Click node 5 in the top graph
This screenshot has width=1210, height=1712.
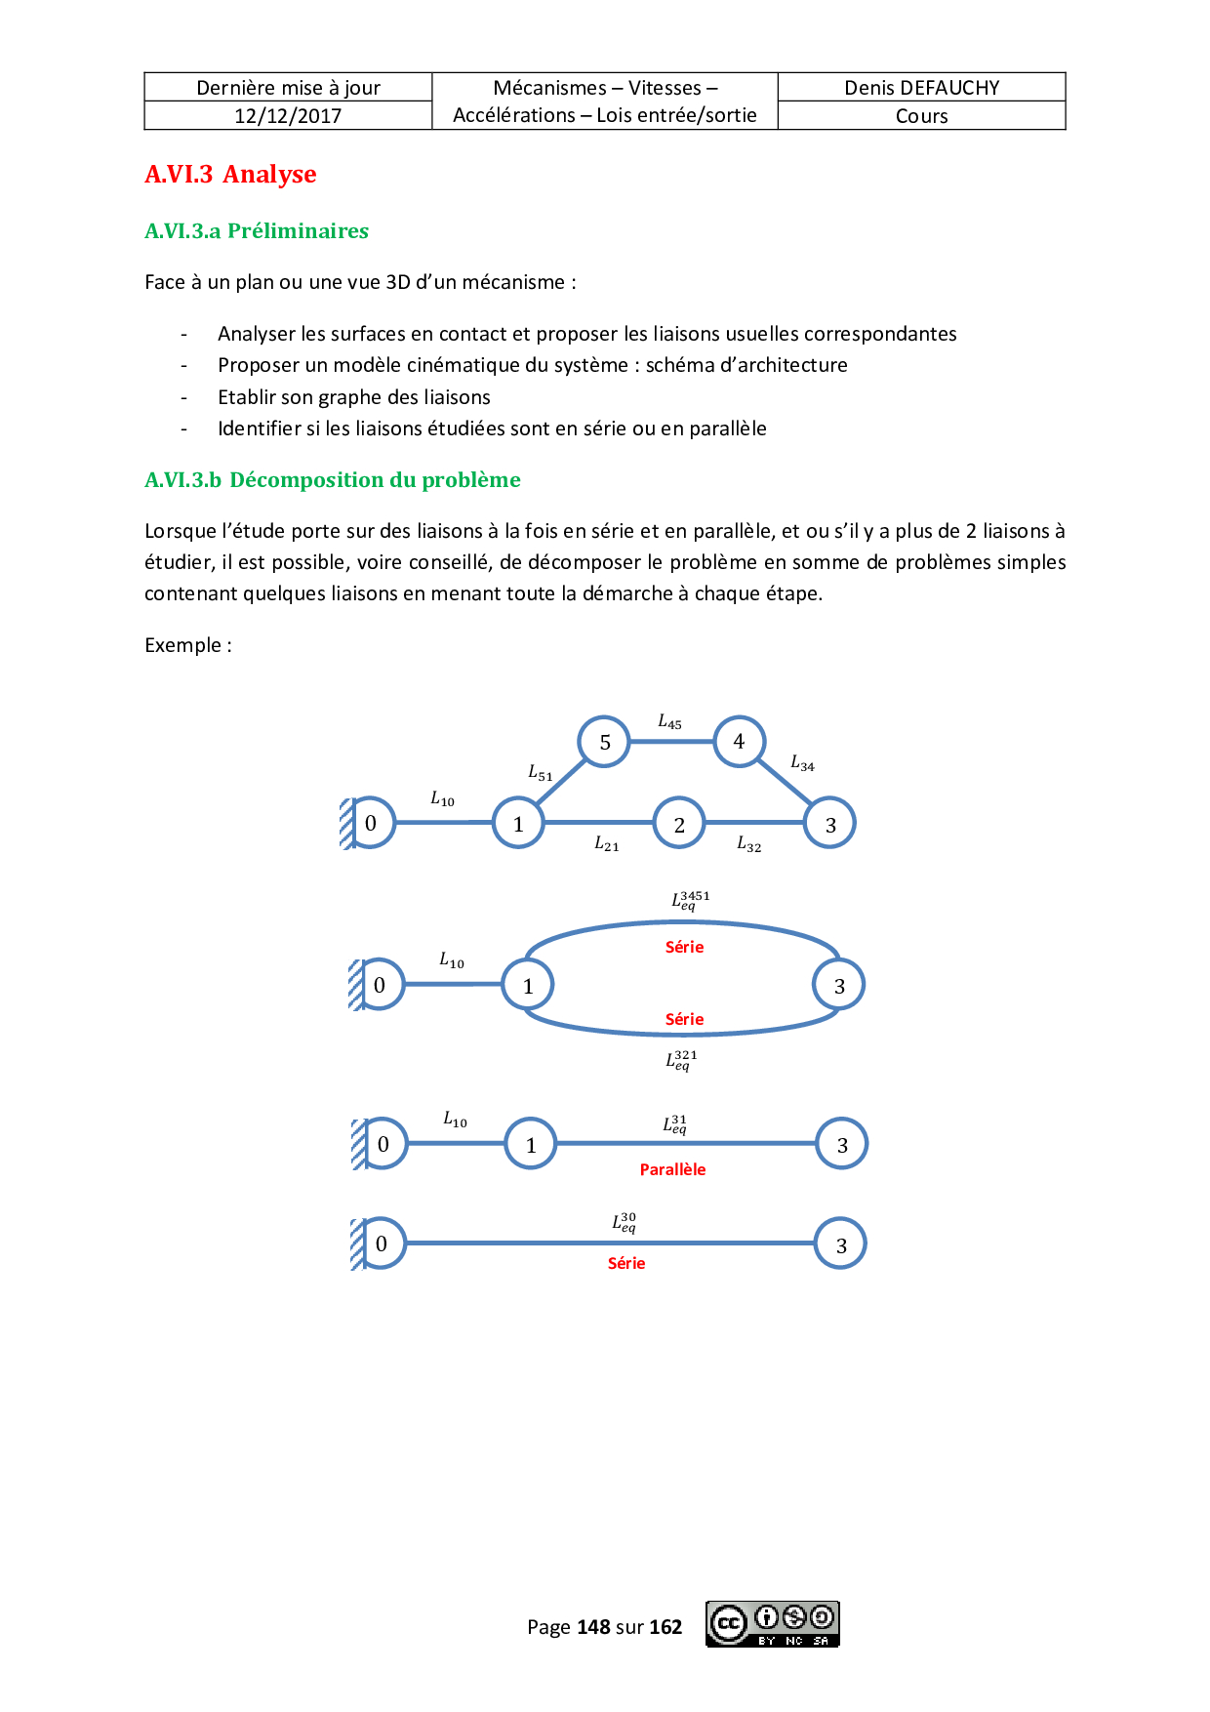605,742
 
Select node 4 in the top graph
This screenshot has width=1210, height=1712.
739,742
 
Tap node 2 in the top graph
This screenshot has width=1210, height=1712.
679,824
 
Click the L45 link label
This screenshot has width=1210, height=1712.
669,722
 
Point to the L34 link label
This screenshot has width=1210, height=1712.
802,763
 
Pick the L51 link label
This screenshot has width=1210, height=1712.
540,773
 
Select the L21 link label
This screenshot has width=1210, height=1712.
606,843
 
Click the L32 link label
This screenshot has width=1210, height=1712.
748,844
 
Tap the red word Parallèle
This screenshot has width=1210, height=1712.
672,1169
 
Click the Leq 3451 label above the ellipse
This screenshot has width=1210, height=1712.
690,900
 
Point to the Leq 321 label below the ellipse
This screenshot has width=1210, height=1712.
681,1060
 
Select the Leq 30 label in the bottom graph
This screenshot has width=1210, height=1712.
625,1222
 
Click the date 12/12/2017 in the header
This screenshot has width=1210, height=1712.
288,116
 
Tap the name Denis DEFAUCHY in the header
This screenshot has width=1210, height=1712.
921,88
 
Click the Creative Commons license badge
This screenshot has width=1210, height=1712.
772,1624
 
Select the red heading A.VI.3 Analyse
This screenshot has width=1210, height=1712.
230,175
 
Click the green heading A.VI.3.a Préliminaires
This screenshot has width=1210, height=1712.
257,231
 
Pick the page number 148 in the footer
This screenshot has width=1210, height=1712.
593,1627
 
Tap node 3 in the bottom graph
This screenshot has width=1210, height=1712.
841,1243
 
